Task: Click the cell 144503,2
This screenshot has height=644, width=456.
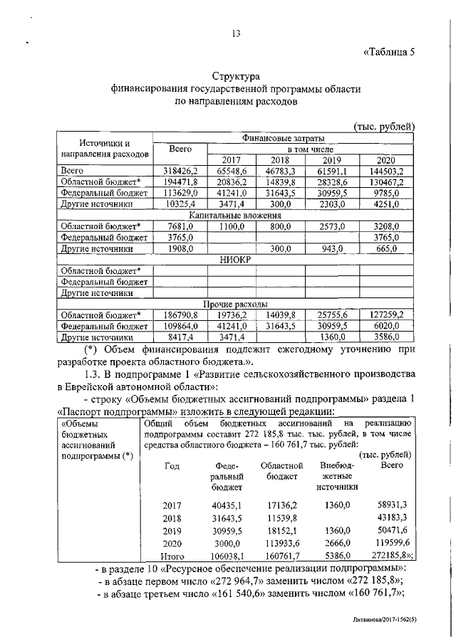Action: coord(385,171)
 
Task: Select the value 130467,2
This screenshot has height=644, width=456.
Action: coord(385,182)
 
